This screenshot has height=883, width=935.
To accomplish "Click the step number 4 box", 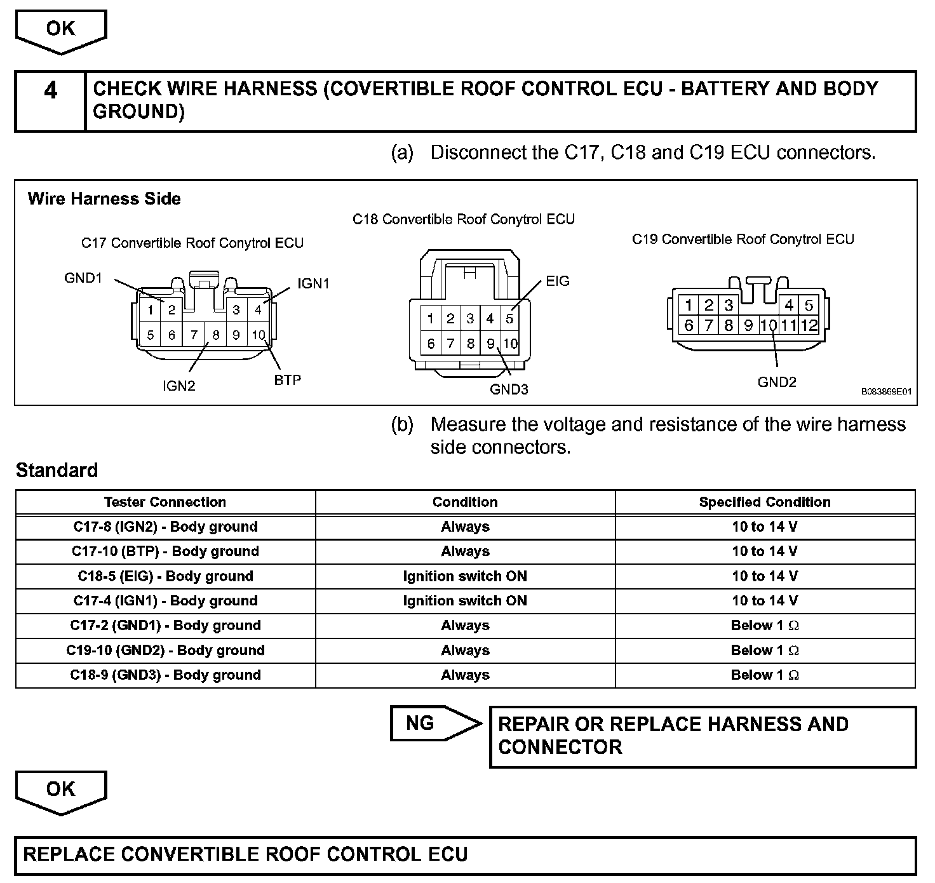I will click(50, 101).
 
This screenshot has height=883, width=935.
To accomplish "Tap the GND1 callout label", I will click(83, 278).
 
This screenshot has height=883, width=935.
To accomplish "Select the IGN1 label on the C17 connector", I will click(313, 283).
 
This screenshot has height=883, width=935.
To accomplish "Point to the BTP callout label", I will click(288, 380).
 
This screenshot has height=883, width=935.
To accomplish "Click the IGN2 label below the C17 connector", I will click(179, 386).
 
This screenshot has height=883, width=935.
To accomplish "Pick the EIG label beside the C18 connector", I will click(558, 281).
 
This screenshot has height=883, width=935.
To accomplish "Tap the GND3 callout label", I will click(509, 389).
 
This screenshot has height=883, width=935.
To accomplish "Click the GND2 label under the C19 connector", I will click(777, 382).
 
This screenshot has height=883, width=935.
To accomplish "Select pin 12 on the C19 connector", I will click(809, 325).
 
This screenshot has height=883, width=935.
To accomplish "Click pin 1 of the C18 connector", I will click(431, 318).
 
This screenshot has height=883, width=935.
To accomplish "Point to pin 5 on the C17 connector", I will click(151, 335).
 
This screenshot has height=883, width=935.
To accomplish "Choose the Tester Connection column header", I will click(165, 502).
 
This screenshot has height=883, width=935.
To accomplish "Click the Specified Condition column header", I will click(765, 502).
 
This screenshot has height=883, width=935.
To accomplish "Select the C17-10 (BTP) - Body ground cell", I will click(165, 551).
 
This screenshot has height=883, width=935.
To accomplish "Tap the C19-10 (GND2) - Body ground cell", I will click(165, 650).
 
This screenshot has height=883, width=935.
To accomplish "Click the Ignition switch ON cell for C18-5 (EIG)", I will click(465, 576).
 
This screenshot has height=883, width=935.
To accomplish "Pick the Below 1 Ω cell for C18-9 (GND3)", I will click(765, 675).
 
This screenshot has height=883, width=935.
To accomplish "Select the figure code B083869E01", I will click(886, 392).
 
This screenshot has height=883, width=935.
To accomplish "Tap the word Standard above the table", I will click(57, 471).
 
